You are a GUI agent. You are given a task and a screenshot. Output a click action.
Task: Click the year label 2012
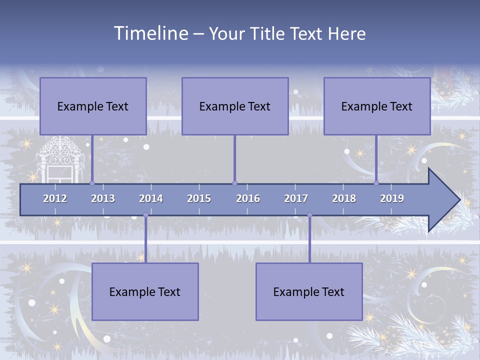55,198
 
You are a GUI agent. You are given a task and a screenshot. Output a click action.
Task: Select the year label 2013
103,198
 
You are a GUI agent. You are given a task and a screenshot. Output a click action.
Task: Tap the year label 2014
151,198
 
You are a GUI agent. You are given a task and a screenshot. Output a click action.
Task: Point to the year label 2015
199,198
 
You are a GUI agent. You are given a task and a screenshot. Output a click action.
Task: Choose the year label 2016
248,198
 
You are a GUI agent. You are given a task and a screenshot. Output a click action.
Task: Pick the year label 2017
296,198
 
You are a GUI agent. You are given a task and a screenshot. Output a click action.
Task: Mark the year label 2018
344,198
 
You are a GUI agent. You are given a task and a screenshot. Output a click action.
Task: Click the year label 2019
392,198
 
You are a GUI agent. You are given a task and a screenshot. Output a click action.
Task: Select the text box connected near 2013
93,106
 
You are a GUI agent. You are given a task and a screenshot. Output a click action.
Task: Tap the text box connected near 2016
235,106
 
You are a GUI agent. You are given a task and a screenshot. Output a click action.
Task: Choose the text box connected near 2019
377,106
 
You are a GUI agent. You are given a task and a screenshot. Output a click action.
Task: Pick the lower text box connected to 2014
145,291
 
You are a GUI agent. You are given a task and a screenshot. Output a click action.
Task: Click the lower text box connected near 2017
309,291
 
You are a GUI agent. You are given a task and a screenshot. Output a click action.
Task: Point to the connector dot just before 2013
92,183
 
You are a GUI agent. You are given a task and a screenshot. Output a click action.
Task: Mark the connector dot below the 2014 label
145,215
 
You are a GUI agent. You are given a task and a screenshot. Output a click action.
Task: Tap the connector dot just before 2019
376,183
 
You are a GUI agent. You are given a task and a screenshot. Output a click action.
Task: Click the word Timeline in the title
150,33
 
